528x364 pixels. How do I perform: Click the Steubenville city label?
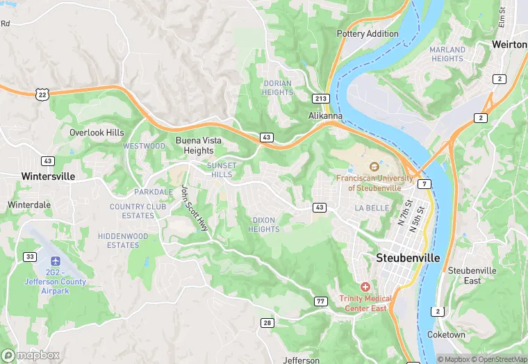408,257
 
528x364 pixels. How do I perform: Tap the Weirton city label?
510,44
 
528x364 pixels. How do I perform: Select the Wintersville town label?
48,176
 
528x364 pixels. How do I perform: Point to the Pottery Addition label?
368,33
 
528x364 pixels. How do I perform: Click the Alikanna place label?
325,116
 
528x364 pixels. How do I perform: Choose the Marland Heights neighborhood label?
447,54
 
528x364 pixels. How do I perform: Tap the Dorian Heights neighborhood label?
277,88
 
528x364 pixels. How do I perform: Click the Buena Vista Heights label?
199,145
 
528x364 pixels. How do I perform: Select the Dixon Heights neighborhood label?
264,224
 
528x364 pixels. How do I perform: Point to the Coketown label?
447,335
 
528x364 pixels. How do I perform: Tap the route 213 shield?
320,99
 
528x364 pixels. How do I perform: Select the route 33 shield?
29,256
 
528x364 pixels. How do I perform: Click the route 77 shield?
320,301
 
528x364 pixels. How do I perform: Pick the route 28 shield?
267,323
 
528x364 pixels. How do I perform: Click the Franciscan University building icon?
374,167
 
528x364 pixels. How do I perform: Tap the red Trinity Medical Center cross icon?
365,286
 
